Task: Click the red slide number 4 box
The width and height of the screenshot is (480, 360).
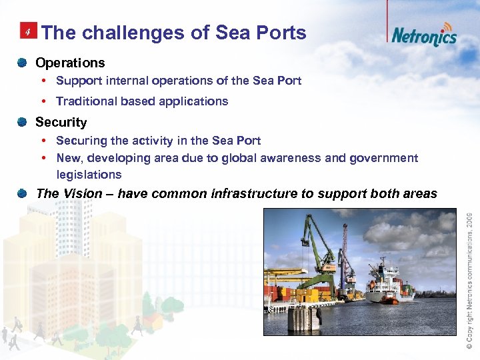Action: pyautogui.click(x=28, y=31)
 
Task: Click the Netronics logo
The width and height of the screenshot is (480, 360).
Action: pyautogui.click(x=424, y=35)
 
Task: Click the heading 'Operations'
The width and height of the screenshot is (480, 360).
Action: pyautogui.click(x=70, y=63)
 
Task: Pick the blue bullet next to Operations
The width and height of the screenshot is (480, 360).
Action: pyautogui.click(x=22, y=63)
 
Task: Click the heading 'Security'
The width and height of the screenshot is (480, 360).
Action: pyautogui.click(x=61, y=122)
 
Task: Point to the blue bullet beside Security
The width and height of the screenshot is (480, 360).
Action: pyautogui.click(x=22, y=122)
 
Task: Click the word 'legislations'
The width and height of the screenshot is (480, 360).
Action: pyautogui.click(x=89, y=175)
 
